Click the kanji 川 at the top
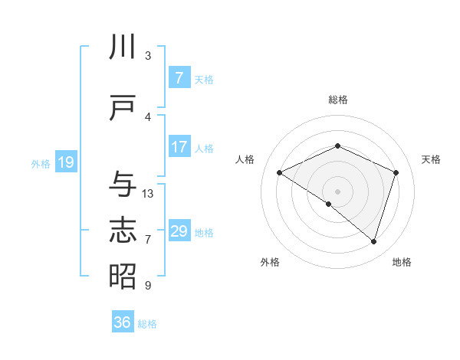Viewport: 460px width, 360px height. pyautogui.click(x=123, y=47)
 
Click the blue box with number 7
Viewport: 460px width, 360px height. pyautogui.click(x=179, y=77)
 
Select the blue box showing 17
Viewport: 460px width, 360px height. pyautogui.click(x=179, y=147)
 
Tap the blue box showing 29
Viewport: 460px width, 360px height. pyautogui.click(x=179, y=231)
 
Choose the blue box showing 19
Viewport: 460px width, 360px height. pyautogui.click(x=65, y=162)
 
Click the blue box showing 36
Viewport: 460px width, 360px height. pyautogui.click(x=123, y=322)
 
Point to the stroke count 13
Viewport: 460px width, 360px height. pyautogui.click(x=148, y=194)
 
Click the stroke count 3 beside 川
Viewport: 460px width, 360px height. pyautogui.click(x=148, y=56)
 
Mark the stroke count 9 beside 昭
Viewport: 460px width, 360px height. pyautogui.click(x=148, y=286)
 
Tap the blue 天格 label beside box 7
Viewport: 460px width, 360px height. pyautogui.click(x=204, y=79)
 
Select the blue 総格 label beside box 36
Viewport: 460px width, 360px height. pyautogui.click(x=147, y=324)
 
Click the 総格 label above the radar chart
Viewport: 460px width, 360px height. pyautogui.click(x=337, y=100)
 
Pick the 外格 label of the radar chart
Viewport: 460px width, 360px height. pyautogui.click(x=270, y=263)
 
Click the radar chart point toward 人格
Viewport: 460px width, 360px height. pyautogui.click(x=280, y=173)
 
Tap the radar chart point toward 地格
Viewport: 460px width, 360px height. pyautogui.click(x=374, y=242)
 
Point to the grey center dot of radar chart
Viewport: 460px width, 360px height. pyautogui.click(x=337, y=190)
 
